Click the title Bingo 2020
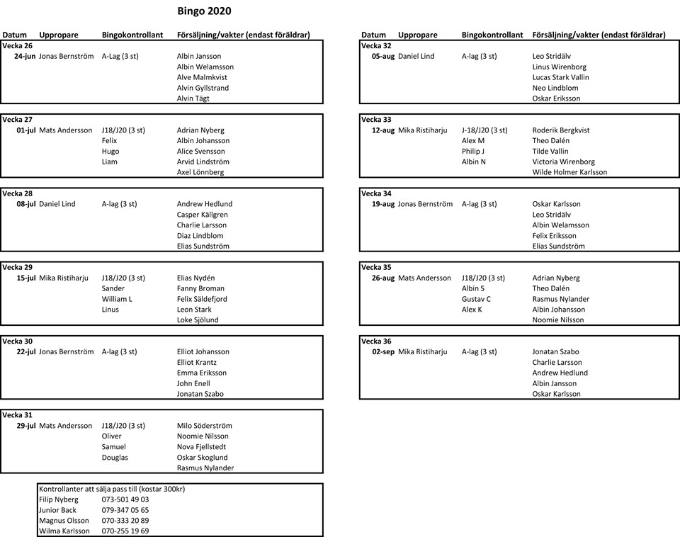coord(203,11)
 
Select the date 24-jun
coord(25,56)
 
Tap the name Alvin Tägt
coord(193,98)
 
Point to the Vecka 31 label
coord(18,415)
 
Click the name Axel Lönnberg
coord(200,172)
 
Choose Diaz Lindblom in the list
coord(200,236)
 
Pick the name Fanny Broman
coord(200,288)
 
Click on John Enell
coord(193,383)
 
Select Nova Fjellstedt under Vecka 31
coord(202,447)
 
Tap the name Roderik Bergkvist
coord(561,130)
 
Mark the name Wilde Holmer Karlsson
coord(569,172)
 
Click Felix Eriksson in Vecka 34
coord(554,236)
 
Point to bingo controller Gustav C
coord(476,299)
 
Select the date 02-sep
coord(383,352)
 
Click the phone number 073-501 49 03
coord(125,499)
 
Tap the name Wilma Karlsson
coord(64,531)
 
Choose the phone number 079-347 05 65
coord(125,510)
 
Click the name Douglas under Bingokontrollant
coord(115,458)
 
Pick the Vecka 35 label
coord(376,268)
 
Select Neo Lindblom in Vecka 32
coord(555,88)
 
